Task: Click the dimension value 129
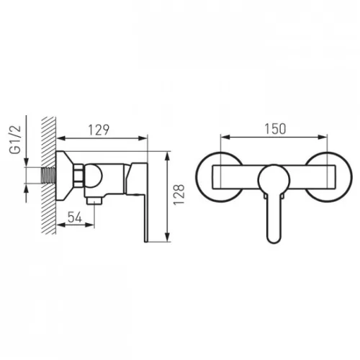click(99, 130)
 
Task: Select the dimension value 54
click(75, 217)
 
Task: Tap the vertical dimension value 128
click(179, 194)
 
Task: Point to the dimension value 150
click(275, 129)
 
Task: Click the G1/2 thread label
click(15, 140)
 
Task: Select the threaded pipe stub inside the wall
click(49, 176)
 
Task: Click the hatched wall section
click(49, 175)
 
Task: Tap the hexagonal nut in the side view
click(78, 176)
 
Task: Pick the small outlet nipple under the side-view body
click(95, 200)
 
